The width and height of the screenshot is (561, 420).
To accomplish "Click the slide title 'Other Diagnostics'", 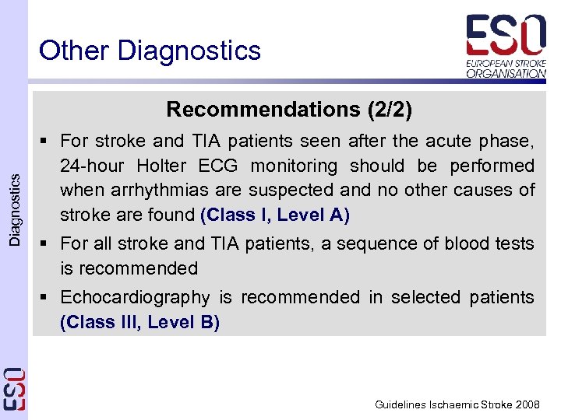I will point(150,51).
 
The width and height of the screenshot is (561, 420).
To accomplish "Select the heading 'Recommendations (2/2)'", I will point(289,110).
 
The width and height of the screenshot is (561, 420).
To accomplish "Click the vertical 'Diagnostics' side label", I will point(15,209).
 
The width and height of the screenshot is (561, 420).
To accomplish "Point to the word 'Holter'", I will point(164,166).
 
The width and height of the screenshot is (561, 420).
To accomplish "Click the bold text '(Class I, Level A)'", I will point(275,215).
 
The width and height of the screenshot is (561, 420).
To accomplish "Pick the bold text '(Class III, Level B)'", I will point(139,322).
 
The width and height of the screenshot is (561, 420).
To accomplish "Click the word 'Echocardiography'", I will point(135,297).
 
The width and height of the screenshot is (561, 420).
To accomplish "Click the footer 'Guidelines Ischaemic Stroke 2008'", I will point(457,404).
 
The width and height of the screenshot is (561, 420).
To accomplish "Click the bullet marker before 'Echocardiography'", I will point(48,298).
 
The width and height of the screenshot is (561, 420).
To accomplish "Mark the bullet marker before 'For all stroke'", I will point(48,244).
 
